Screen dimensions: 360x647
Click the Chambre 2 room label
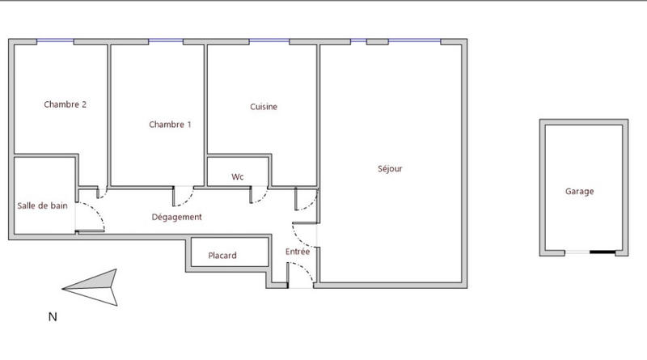point(66,104)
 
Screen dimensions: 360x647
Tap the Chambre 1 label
point(170,125)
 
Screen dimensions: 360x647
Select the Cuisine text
point(264,107)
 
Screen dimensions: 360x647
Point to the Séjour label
point(390,169)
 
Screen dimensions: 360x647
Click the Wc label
point(238,176)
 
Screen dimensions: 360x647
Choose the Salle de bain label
point(43,205)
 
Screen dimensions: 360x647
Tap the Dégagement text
point(176,217)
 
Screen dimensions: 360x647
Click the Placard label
point(222,256)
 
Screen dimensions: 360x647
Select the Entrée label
point(298,252)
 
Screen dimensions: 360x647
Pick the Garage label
point(579,192)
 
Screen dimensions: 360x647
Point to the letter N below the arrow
point(53,317)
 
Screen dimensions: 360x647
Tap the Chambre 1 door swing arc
point(184,197)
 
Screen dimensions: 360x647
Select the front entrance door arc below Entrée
point(302,274)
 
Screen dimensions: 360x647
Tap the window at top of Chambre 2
point(55,41)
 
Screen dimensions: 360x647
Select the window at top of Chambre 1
point(166,41)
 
